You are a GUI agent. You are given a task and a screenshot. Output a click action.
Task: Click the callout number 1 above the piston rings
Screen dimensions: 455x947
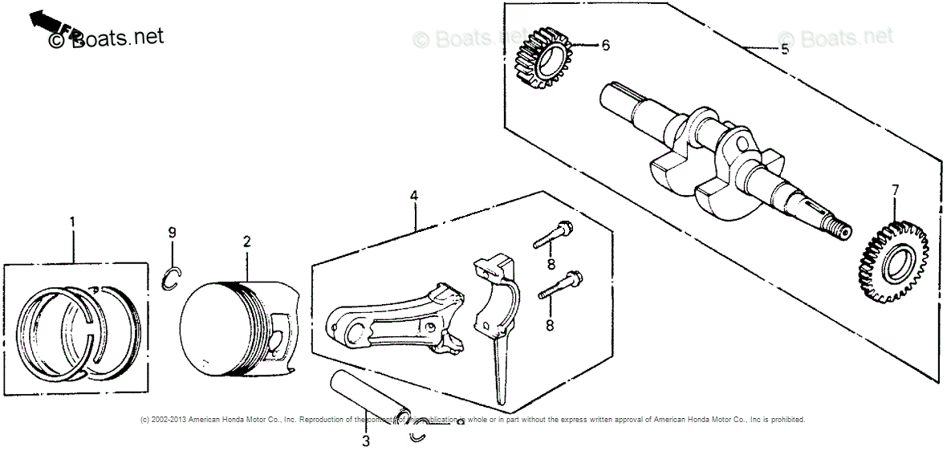click(x=72, y=221)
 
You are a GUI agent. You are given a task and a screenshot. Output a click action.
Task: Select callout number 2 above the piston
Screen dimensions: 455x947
click(x=246, y=241)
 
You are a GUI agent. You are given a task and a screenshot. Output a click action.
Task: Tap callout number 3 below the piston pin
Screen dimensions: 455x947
click(x=365, y=441)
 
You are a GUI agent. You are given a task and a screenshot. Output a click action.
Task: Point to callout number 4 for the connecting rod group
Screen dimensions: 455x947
click(x=413, y=196)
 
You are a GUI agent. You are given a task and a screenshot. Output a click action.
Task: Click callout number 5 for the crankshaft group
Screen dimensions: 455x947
click(x=784, y=49)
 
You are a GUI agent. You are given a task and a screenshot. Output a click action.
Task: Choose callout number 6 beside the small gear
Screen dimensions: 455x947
click(x=605, y=45)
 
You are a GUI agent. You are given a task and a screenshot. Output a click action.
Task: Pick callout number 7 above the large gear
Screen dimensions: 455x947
click(x=895, y=190)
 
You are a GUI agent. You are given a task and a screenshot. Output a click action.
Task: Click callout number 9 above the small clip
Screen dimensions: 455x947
click(x=172, y=233)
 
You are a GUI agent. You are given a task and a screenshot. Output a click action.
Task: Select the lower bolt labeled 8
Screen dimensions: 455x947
click(x=561, y=285)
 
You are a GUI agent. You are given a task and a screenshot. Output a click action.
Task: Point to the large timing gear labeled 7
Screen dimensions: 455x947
click(x=894, y=265)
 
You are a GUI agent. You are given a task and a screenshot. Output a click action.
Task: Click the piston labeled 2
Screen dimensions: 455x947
click(x=237, y=325)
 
